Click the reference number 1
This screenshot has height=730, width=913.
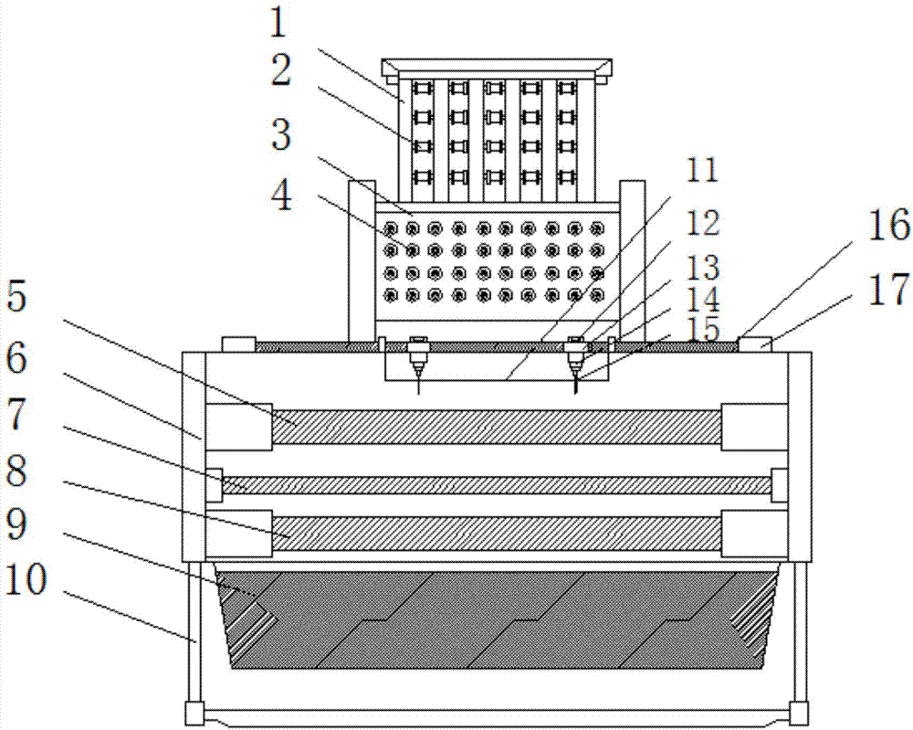coord(279,24)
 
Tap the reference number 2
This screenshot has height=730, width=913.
coord(280,70)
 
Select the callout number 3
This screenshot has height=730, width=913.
coord(282,134)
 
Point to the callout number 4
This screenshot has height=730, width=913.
coord(282,196)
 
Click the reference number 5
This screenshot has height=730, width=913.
coord(16,298)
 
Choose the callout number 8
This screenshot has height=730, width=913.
coord(16,471)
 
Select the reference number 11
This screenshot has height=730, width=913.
coord(702,170)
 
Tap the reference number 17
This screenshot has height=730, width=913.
coord(889,290)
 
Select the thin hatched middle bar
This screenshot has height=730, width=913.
coord(497,485)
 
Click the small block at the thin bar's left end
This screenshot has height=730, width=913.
coord(214,484)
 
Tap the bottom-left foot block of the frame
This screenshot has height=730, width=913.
coord(194,712)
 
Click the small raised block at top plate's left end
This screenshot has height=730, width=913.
coord(238,344)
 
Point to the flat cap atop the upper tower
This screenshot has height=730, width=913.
coord(497,68)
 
